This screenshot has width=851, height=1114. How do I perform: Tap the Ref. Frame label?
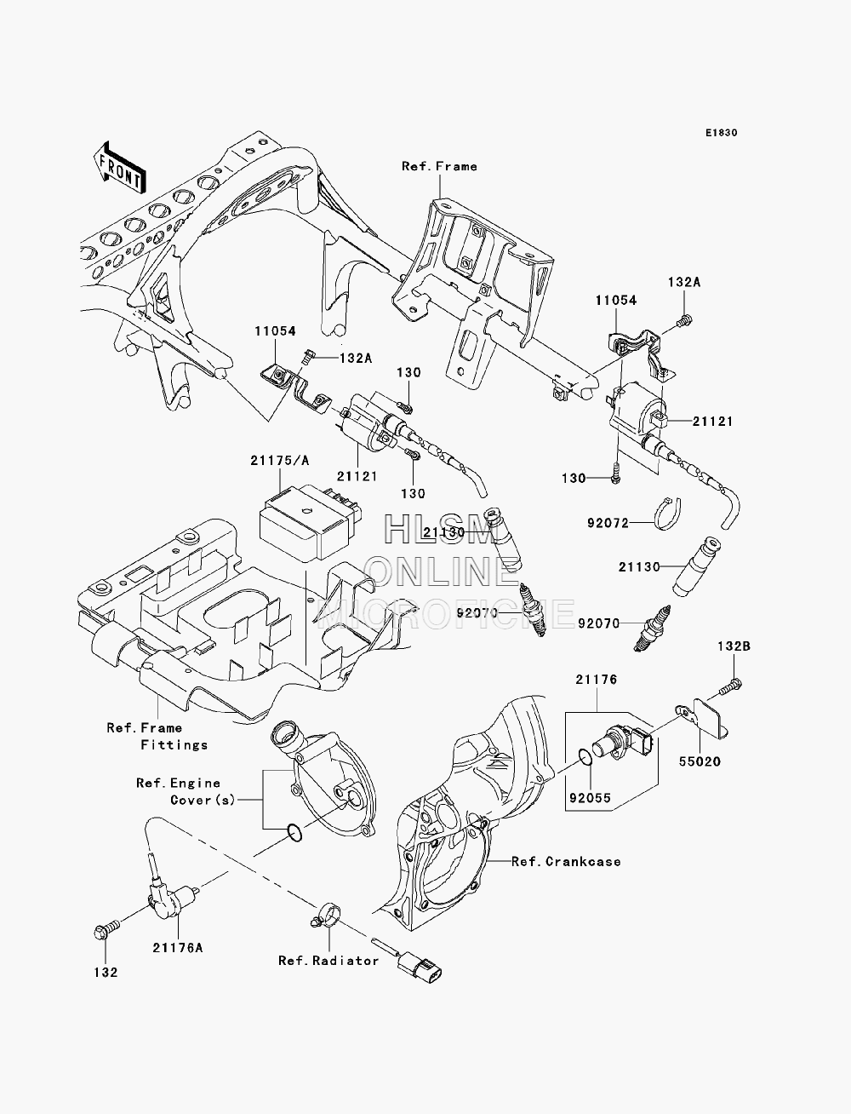439,166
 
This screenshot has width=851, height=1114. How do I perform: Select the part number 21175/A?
279,461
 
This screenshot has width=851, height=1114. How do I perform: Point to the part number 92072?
608,522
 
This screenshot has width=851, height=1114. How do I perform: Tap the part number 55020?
700,776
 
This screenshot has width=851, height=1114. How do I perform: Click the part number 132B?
734,646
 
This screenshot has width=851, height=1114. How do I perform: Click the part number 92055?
590,798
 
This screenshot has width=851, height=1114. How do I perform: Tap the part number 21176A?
178,948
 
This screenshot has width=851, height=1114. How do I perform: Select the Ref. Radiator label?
328,961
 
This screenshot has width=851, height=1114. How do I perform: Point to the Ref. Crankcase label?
566,861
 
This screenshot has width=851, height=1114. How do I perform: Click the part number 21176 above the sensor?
596,679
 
